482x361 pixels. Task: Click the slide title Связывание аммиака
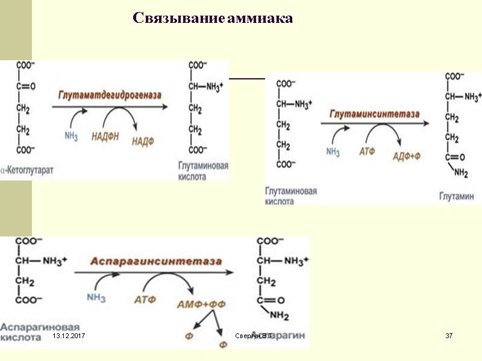213,19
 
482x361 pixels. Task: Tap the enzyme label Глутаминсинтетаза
373,113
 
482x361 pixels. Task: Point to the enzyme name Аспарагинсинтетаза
156,262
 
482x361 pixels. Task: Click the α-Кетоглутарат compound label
27,170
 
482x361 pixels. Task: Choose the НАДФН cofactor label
105,137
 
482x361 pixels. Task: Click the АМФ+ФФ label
201,304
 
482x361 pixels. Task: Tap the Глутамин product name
456,197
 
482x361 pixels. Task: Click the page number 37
448,335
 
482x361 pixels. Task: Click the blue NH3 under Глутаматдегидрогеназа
71,137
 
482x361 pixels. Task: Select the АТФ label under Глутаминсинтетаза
366,152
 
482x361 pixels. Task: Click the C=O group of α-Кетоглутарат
25,86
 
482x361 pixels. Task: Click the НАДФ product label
143,141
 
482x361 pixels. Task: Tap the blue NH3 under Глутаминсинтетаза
333,152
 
